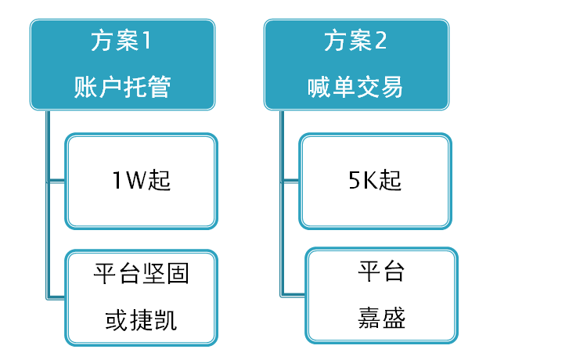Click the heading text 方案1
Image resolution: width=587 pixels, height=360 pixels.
[x=121, y=41]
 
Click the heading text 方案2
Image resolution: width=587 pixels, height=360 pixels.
[x=355, y=41]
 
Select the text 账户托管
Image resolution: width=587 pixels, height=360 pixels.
[x=122, y=87]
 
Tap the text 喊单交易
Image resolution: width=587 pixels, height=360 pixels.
[x=355, y=87]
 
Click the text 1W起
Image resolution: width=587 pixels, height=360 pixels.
[x=141, y=180]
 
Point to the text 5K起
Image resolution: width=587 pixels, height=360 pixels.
[x=375, y=180]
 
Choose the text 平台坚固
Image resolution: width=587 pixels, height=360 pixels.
[x=141, y=274]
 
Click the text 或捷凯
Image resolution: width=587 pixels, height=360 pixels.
[x=141, y=320]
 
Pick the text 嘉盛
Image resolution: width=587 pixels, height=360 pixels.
[x=381, y=318]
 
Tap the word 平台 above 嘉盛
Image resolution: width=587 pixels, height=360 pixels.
[x=381, y=271]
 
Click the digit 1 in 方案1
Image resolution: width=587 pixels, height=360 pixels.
[x=146, y=41]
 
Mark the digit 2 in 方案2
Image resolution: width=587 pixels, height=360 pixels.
[x=380, y=41]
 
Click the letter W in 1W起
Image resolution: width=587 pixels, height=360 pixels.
[x=135, y=180]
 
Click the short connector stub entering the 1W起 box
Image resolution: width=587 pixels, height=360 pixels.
[x=56, y=182]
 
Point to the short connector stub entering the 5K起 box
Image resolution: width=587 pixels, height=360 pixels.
[x=290, y=182]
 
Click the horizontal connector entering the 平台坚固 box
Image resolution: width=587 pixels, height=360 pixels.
[x=56, y=298]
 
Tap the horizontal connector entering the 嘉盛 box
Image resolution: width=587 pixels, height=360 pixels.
[x=293, y=295]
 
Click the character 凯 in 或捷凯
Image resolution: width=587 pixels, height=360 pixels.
[x=165, y=320]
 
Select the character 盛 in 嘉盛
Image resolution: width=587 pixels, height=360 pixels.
[x=394, y=318]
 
